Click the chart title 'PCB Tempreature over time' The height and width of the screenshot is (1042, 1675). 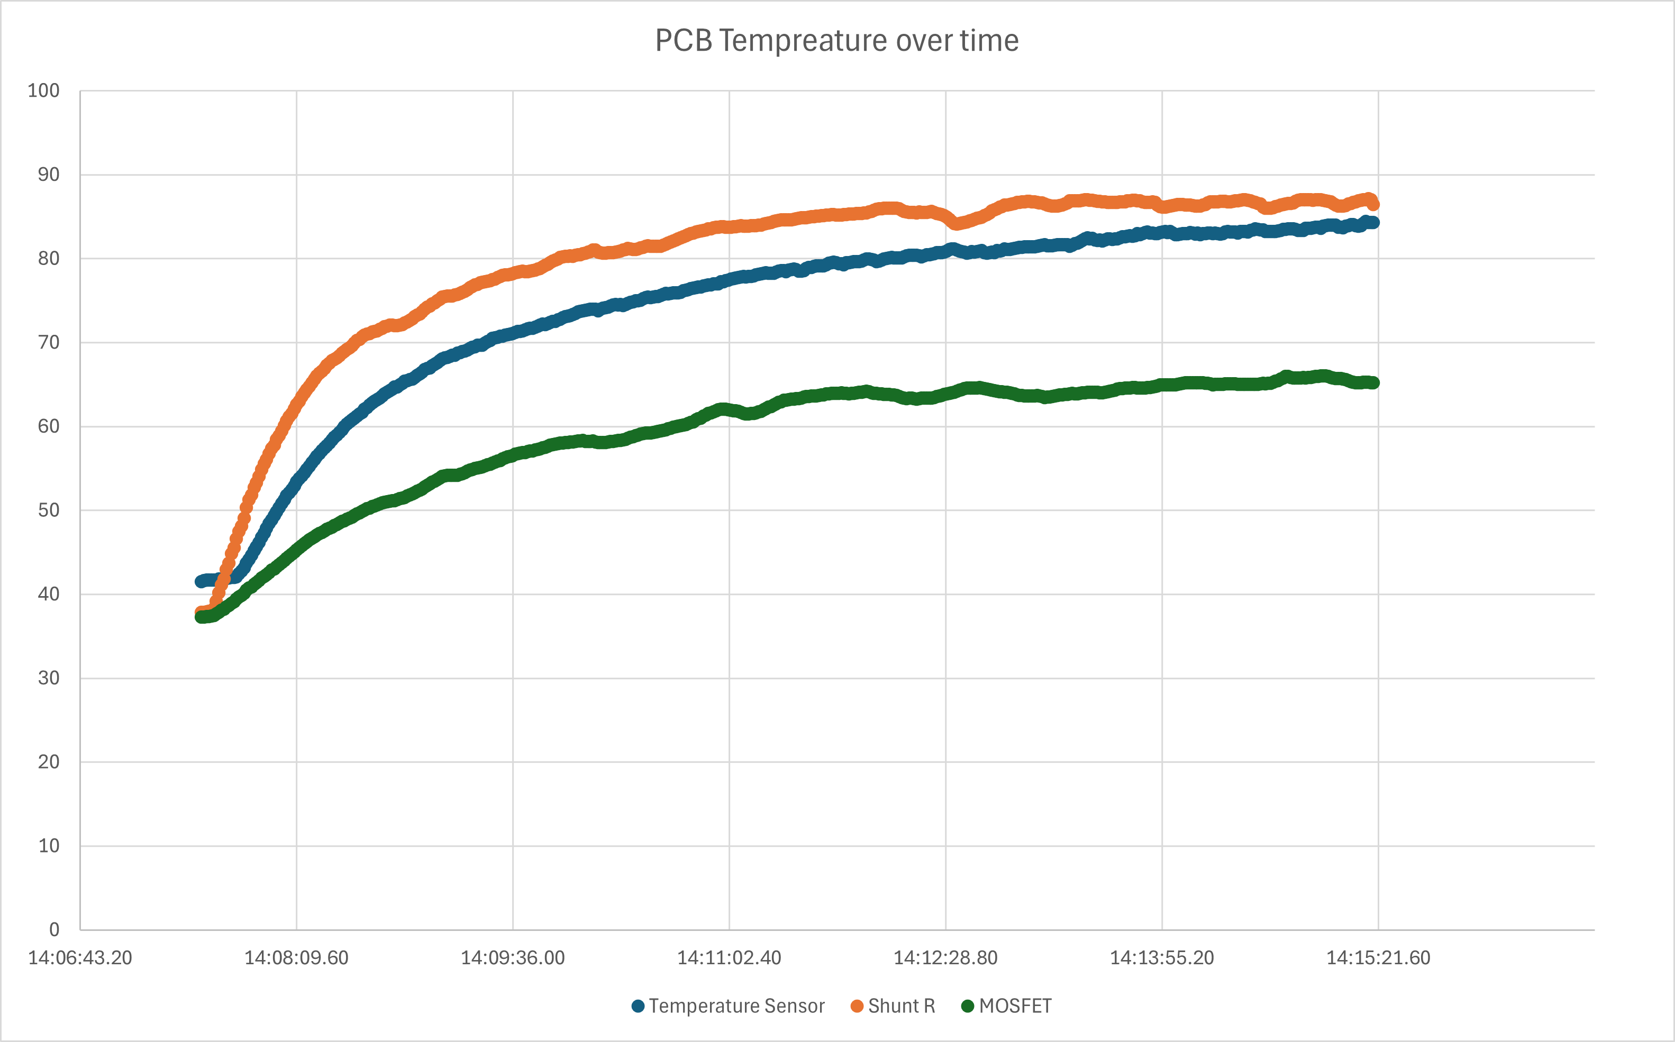(837, 41)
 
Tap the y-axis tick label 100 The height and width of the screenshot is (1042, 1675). (43, 90)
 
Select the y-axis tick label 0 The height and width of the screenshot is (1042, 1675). (54, 930)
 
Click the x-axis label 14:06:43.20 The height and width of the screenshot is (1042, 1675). (80, 958)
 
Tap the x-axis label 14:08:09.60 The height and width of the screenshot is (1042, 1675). (296, 958)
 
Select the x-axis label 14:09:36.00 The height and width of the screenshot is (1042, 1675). (513, 958)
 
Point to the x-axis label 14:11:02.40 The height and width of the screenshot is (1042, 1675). (729, 958)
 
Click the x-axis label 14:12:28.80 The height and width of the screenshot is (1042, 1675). (946, 958)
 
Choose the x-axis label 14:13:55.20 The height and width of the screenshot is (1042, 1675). (1162, 958)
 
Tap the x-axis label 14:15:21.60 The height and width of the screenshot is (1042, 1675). (1379, 958)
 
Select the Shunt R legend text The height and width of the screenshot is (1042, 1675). (902, 1006)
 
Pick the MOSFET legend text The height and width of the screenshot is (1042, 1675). (1015, 1006)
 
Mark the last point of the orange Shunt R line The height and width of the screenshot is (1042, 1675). (1372, 204)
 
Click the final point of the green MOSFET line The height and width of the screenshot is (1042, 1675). (1373, 382)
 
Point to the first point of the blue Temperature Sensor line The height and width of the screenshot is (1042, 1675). (201, 582)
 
